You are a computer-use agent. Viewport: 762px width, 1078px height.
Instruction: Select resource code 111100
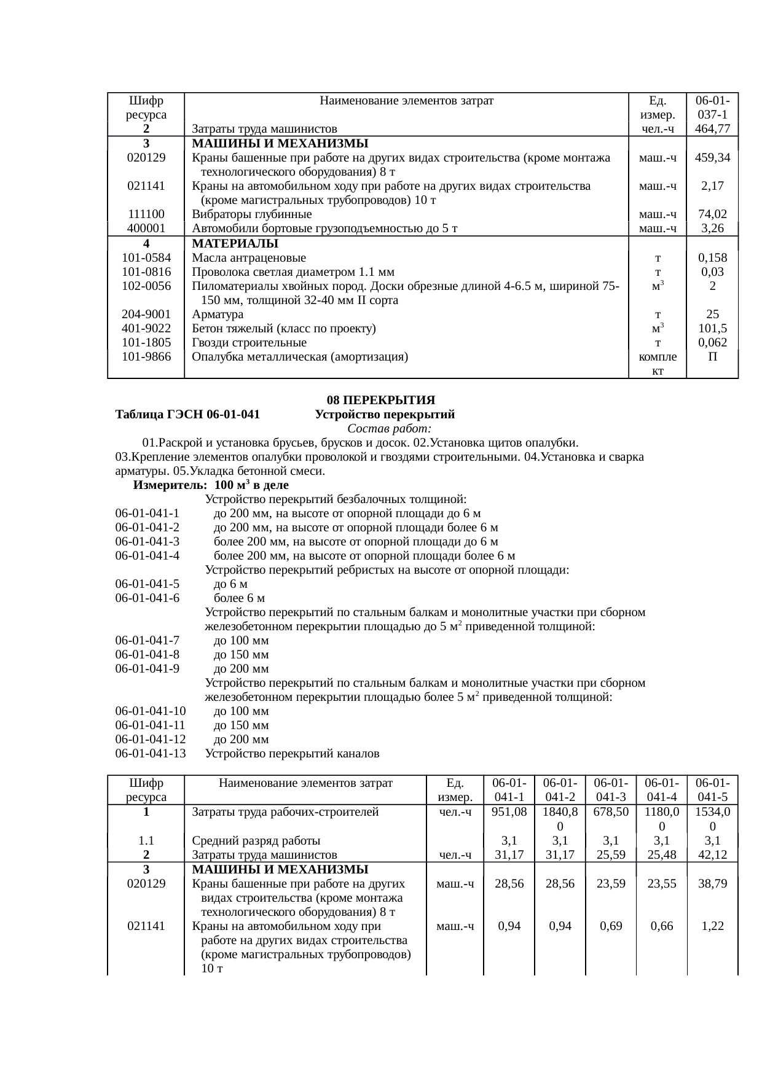tap(146, 214)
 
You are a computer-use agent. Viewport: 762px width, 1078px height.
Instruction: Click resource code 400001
tap(146, 228)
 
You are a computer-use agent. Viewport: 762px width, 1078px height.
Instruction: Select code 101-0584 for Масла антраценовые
tap(146, 257)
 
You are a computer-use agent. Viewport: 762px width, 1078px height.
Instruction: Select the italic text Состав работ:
tap(390, 428)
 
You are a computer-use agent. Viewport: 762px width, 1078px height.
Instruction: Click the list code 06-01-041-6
tap(147, 598)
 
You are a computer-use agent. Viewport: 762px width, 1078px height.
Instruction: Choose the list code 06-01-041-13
tap(150, 753)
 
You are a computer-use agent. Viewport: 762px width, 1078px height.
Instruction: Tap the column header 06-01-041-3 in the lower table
tap(610, 790)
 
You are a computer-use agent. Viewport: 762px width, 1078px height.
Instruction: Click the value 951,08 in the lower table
tap(509, 811)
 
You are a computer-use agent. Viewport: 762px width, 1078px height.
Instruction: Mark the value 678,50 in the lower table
tap(610, 811)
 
